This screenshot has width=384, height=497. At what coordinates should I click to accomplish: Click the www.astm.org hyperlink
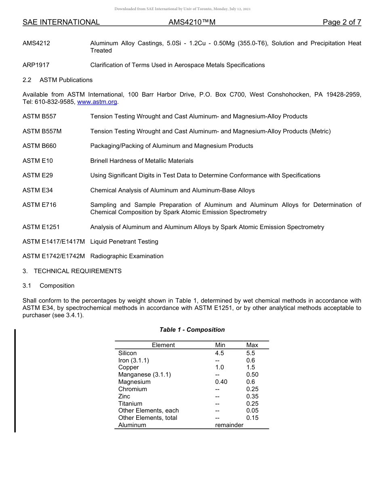pos(97,102)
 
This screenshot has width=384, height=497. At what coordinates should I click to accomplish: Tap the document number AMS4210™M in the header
pos(192,23)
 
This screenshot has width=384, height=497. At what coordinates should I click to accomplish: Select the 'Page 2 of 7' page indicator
pos(342,23)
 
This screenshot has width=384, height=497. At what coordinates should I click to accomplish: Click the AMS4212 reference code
pos(36,43)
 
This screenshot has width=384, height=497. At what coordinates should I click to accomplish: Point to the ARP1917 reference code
pos(36,65)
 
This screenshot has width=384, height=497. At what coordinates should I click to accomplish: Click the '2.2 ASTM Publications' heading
pos(57,80)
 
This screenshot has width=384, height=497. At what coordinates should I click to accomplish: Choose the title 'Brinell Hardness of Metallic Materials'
pos(141,161)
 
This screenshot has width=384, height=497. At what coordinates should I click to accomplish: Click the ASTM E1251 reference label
pos(41,227)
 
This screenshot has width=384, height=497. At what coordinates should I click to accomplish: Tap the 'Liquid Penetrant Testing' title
pos(124,242)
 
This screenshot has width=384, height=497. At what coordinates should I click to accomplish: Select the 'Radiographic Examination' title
pos(127,256)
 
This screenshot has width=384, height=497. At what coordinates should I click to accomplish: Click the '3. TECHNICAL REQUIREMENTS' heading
pos(72,271)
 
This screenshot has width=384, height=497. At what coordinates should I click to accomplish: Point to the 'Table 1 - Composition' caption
pos(192,330)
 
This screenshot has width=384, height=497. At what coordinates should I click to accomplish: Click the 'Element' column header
pos(163,345)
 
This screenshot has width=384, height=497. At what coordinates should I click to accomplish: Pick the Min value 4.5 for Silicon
pos(219,353)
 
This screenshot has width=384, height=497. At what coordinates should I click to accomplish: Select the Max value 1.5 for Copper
pos(251,367)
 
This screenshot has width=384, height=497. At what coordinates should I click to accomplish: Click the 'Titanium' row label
pos(130,404)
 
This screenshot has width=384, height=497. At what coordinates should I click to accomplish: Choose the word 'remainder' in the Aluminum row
pos(229,425)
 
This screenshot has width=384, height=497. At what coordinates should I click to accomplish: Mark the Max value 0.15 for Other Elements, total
pos(252,418)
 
